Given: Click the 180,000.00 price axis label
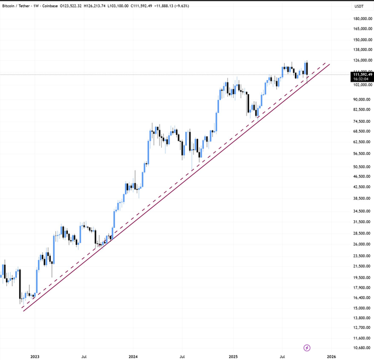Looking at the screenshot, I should [362, 19].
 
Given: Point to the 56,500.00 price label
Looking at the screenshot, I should [362, 154].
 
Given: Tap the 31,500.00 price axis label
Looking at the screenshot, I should [362, 221].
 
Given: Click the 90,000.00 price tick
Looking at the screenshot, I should [362, 99].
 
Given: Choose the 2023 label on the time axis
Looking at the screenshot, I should [35, 356].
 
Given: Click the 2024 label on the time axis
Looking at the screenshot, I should [133, 356].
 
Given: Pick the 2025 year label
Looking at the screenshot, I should [233, 356].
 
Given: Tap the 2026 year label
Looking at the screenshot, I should [331, 356].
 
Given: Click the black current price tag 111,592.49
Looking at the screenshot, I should [362, 75].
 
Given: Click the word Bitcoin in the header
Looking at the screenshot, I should [12, 5].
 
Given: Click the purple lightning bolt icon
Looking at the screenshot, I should [307, 348].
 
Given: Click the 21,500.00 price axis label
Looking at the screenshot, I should [362, 266].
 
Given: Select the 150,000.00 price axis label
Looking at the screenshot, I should [362, 40].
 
